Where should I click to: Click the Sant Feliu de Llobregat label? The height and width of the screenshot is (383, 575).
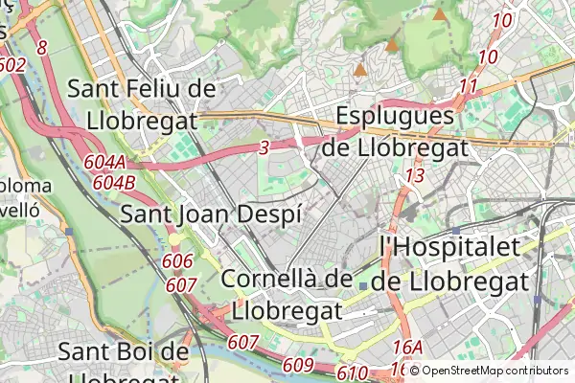click(142, 103)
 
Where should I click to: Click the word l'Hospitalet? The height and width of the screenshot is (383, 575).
click(450, 247)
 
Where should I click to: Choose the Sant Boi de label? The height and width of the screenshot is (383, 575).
click(124, 351)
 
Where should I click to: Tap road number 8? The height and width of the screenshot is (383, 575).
click(42, 47)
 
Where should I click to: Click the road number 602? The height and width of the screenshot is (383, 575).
click(12, 65)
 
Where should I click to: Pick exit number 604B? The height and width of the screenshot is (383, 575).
click(115, 182)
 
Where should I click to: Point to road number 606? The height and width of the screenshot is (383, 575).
click(178, 261)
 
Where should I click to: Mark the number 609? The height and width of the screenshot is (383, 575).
click(299, 364)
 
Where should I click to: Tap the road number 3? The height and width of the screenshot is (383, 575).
click(264, 147)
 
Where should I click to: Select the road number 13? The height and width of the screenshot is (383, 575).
click(414, 175)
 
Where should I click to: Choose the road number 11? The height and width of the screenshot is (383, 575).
click(468, 87)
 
